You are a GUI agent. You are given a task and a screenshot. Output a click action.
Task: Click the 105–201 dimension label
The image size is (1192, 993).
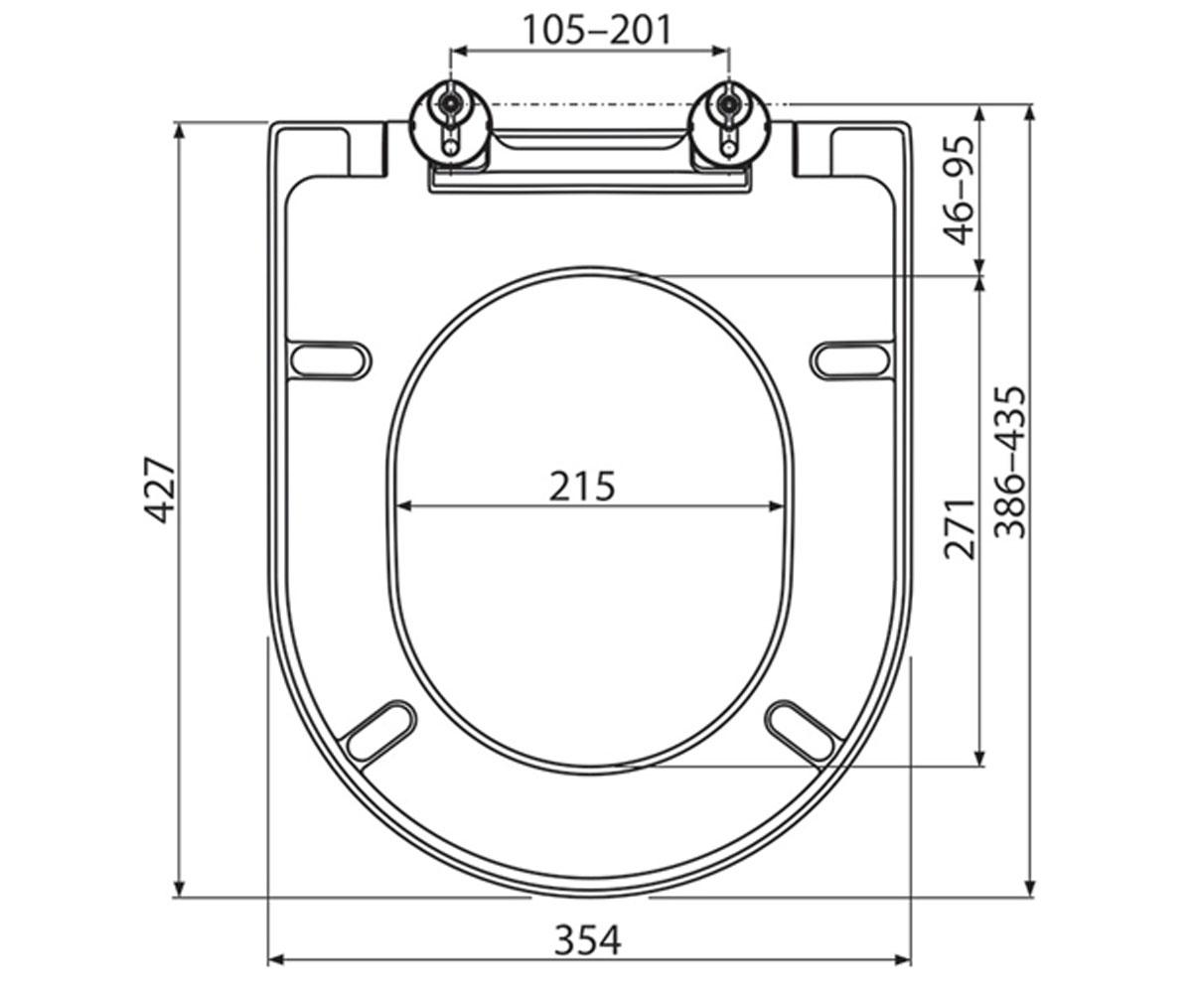pyautogui.click(x=597, y=30)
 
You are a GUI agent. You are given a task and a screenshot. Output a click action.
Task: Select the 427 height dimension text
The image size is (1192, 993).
pyautogui.click(x=159, y=490)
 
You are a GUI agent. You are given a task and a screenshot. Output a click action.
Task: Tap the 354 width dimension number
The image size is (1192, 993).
pyautogui.click(x=587, y=940)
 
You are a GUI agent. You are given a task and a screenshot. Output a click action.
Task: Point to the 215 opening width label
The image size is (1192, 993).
pyautogui.click(x=582, y=486)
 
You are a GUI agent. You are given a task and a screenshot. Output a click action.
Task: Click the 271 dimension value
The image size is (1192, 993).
pyautogui.click(x=960, y=528)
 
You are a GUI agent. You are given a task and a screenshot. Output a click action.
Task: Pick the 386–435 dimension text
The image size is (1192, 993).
pyautogui.click(x=1009, y=463)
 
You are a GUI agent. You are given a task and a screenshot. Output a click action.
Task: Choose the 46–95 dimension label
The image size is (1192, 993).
pyautogui.click(x=960, y=190)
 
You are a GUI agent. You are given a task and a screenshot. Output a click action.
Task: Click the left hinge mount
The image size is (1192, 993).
pyautogui.click(x=452, y=125)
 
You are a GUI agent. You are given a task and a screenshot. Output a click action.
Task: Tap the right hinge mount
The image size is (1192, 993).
pyautogui.click(x=729, y=125)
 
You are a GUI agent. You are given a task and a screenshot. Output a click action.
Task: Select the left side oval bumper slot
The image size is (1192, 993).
pyautogui.click(x=331, y=360)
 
